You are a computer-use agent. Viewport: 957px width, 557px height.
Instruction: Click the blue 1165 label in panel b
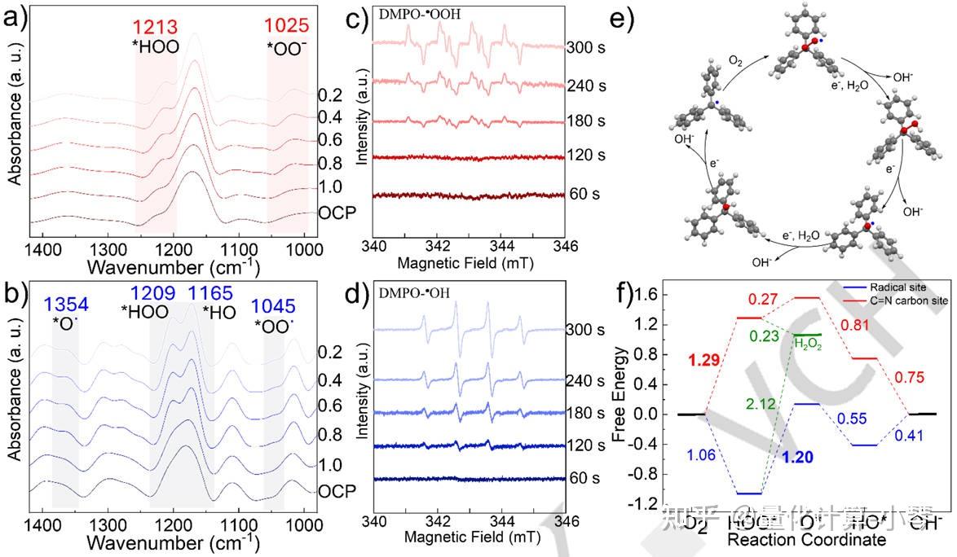click(x=211, y=294)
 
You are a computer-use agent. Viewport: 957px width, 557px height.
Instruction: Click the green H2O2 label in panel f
click(x=810, y=343)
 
